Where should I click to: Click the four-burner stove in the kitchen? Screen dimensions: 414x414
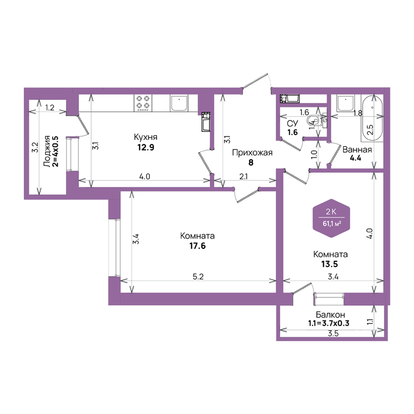pos(143,103)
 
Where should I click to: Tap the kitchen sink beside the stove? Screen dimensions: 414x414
pos(179,103)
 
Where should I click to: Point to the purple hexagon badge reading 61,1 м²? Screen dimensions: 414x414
pos(331,218)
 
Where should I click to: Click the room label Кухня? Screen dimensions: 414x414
pos(145,137)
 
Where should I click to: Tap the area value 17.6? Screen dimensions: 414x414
pos(197,246)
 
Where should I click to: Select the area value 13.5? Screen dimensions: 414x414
pos(330,264)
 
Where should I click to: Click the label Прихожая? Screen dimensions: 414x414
pos(252,153)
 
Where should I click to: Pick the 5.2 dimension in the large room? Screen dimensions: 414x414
pos(198,277)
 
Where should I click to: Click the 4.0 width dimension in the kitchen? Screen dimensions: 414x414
pos(144,176)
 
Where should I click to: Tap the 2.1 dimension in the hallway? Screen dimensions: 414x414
pos(243,176)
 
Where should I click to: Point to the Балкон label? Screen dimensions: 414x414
pos(330,315)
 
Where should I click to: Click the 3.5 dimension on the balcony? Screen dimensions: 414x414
pos(333,333)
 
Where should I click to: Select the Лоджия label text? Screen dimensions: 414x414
pos(47,151)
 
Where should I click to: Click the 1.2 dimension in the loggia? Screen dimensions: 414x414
pos(50,108)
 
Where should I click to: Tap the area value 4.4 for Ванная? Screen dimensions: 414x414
pos(355,158)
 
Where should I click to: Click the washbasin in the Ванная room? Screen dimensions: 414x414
pos(345,103)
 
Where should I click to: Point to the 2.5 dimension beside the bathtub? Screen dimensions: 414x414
pos(371,130)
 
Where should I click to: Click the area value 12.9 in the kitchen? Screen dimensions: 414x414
pos(145,147)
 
